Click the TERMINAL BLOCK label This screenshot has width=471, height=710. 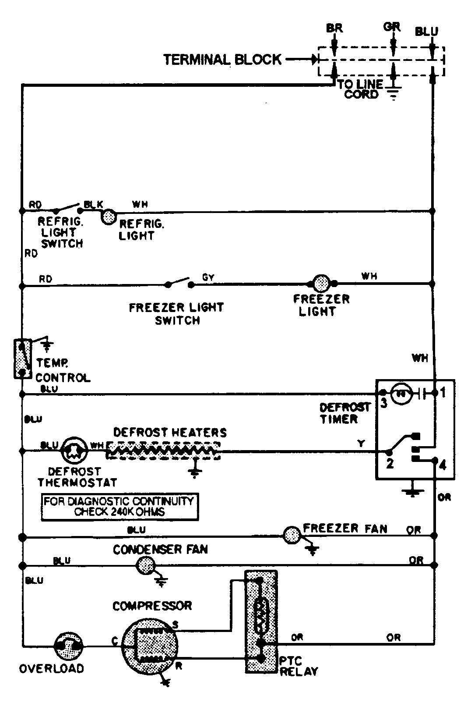222,59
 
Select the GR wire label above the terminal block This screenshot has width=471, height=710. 392,27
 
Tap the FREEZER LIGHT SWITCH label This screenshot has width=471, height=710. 176,313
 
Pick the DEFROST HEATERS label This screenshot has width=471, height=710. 170,433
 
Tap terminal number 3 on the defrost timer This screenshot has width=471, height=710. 384,403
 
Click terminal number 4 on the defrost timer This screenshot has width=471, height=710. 443,465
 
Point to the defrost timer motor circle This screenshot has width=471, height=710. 399,393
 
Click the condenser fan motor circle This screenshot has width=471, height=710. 145,566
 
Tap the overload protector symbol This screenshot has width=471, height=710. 68,646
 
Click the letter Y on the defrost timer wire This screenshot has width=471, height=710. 361,444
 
